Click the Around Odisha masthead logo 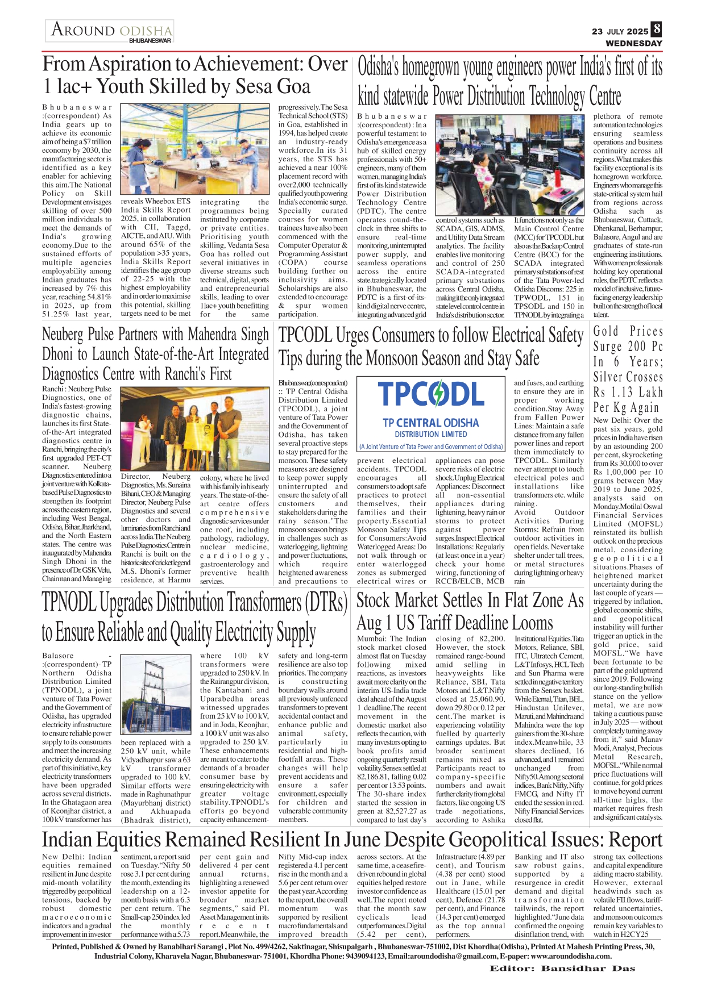[110, 31]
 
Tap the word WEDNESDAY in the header [634, 43]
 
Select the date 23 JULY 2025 [620, 31]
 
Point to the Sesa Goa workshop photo [198, 149]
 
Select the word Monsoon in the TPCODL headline [406, 358]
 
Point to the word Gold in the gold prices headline [606, 331]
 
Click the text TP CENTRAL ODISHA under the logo [430, 423]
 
